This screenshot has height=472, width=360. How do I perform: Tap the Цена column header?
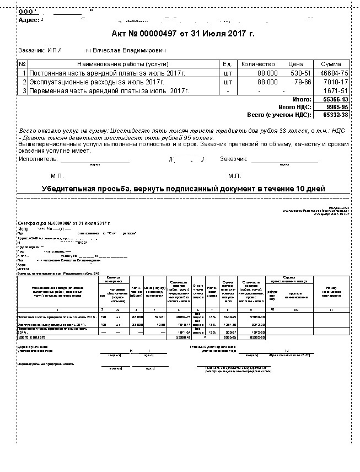[296, 64]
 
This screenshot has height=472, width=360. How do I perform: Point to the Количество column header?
[258, 64]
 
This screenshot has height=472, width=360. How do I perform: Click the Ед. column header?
[227, 64]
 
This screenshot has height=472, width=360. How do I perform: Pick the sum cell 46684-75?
[335, 73]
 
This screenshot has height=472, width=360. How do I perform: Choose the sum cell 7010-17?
[336, 82]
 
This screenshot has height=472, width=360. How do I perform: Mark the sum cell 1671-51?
[336, 90]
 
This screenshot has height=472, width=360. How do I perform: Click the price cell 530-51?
[301, 73]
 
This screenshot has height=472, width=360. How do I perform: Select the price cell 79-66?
[303, 82]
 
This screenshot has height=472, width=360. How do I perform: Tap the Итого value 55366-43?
[335, 99]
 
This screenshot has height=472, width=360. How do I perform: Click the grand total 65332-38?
[335, 115]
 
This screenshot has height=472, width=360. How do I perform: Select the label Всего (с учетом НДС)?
[278, 115]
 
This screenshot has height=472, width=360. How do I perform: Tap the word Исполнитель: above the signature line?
[38, 159]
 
